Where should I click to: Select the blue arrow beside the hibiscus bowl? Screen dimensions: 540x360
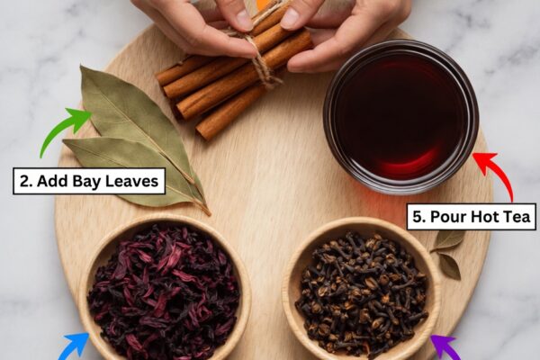pos(74,347)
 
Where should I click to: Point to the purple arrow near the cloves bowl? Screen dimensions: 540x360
pos(446,348)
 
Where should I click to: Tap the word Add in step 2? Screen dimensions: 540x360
pos(53,181)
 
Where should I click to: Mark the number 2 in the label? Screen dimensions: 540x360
pos(25,181)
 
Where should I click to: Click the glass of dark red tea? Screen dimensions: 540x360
pos(400,117)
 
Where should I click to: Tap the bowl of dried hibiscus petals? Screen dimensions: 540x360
pos(165,290)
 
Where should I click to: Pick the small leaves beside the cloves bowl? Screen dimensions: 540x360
pos(448,254)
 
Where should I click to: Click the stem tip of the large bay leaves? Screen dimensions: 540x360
pos(209,214)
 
